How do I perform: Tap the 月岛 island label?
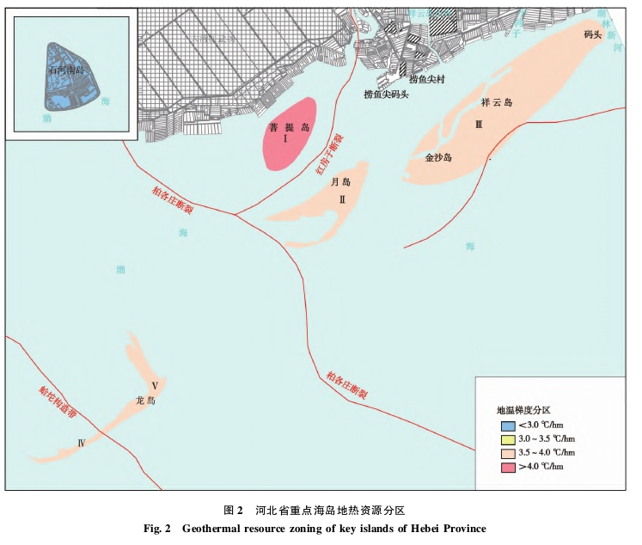pos(341,183)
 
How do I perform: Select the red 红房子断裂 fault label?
pos(329,155)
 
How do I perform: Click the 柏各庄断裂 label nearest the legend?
pos(346,386)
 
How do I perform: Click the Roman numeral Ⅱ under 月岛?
pos(341,199)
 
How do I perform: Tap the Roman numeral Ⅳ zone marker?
pos(82,444)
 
